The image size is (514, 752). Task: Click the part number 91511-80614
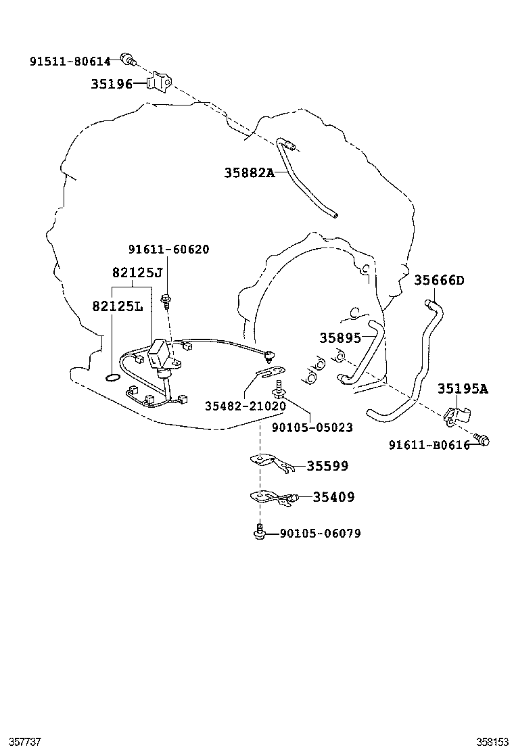pos(70,62)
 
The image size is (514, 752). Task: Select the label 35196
pos(112,85)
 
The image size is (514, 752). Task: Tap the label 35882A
pos(250,173)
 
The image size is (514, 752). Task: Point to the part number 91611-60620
pos(168,250)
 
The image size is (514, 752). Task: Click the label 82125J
pos(137,273)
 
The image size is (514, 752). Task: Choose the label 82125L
pos(118,306)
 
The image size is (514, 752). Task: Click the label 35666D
pos(439,281)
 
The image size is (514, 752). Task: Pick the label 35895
pos(340,338)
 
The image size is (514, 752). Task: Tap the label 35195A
pos(462,389)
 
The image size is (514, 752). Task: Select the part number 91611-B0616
pos(429,445)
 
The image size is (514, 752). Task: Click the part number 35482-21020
pos(246,406)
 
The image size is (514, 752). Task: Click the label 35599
pos(327,466)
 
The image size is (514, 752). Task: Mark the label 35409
pos(333,497)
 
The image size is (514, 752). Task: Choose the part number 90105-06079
pos(320,534)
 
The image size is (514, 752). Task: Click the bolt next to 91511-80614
pos(126,58)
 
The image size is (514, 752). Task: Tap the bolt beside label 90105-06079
pos(258,533)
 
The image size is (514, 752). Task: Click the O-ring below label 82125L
pos(114,376)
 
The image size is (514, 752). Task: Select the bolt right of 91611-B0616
pos(482,440)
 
